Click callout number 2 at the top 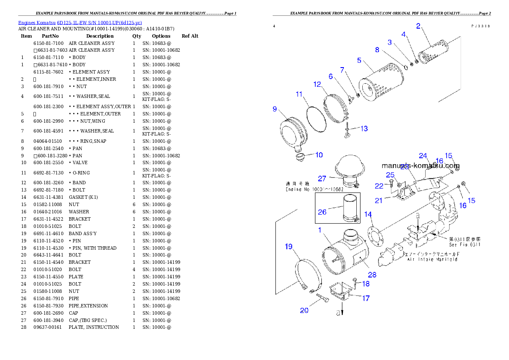pos(418,26)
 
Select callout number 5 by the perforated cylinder pos(359,60)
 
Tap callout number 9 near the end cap pos(275,109)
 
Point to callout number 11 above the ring pos(299,94)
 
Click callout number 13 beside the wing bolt pos(364,128)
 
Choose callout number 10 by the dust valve pos(319,155)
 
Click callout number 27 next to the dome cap pos(322,178)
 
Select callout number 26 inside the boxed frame pos(322,212)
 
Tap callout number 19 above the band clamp pos(289,246)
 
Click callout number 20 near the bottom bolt pos(304,310)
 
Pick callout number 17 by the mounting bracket pos(366,298)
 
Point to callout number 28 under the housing pos(372,275)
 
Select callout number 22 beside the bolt pos(379,186)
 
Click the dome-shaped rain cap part pos(348,165)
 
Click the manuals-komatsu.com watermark pos(420,166)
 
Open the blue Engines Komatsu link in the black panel pos(80,23)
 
